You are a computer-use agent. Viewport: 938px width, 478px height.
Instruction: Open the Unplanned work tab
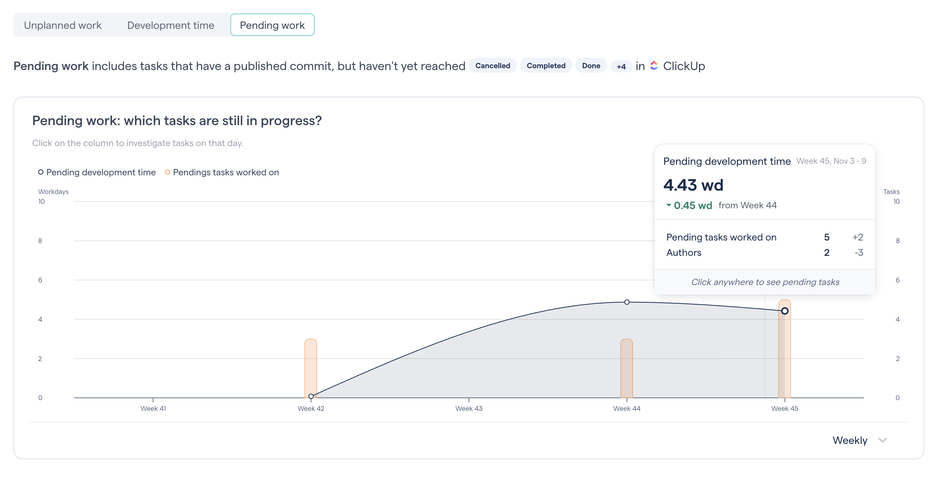coord(63,25)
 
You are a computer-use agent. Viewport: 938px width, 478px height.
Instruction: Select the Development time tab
coord(170,25)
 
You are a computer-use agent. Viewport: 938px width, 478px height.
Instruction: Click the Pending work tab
coord(272,25)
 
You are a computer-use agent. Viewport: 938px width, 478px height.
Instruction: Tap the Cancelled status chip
coord(492,66)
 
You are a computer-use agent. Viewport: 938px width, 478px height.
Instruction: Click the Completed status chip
coord(546,66)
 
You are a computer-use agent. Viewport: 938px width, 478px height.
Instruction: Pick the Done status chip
coord(591,66)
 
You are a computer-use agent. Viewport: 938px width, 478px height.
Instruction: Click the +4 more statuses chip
coord(621,67)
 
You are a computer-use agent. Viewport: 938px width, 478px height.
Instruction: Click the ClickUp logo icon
coord(654,66)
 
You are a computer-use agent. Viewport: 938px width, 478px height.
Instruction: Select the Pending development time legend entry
coord(97,172)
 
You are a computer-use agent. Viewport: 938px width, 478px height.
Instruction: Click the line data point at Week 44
coord(627,302)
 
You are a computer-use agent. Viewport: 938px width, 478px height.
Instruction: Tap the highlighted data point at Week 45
coord(784,311)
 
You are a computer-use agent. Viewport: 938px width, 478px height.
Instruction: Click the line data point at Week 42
coord(311,396)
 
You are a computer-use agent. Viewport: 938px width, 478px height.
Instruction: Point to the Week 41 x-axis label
coord(153,409)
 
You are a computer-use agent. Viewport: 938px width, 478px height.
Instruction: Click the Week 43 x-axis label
coord(469,409)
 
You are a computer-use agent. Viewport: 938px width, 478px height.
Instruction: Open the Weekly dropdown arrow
coord(883,441)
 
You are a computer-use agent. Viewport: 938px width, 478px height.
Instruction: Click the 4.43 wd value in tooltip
coord(693,185)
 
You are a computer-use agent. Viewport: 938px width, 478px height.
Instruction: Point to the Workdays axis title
coord(53,192)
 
